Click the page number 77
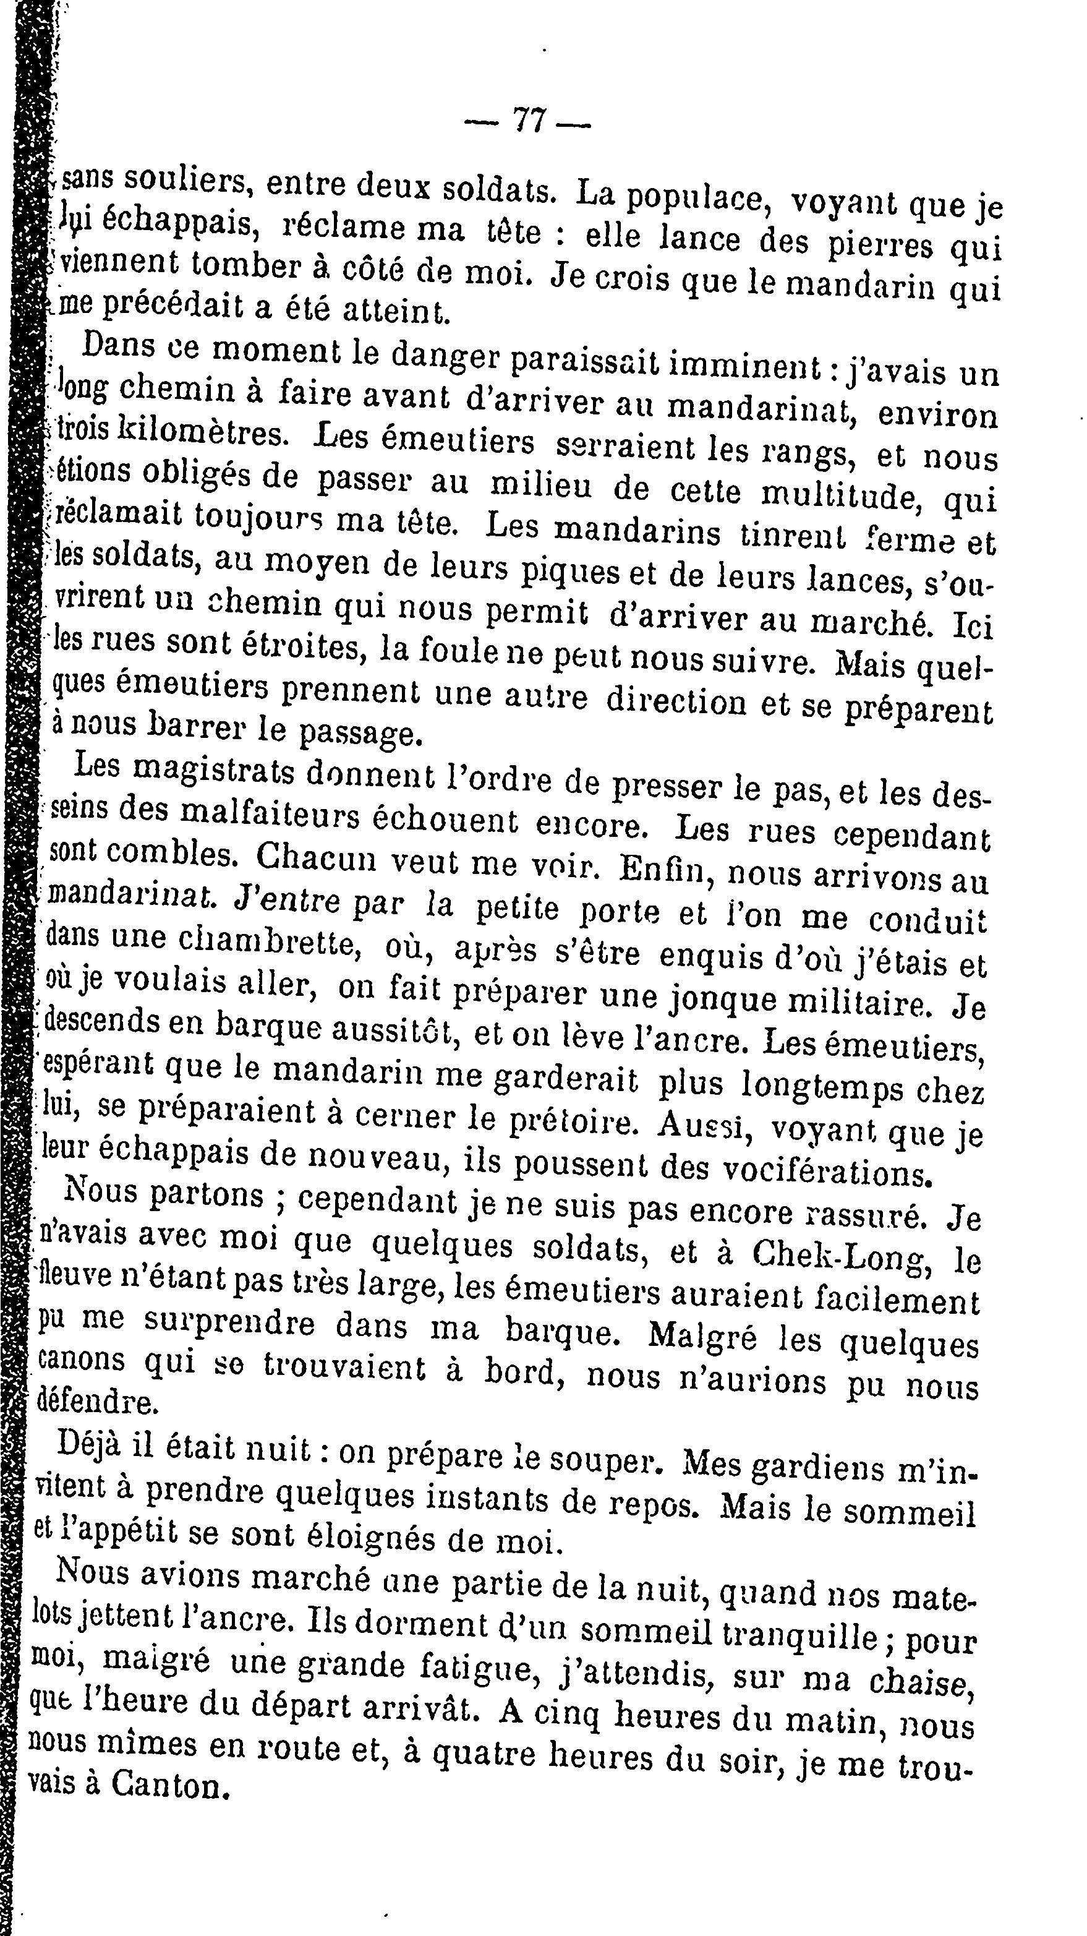click(x=529, y=120)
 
